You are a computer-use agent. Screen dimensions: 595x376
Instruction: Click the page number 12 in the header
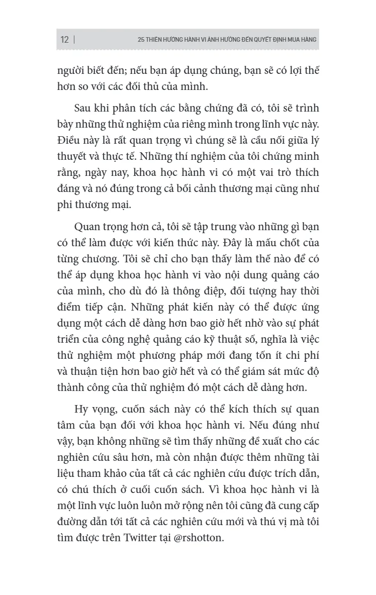pos(64,40)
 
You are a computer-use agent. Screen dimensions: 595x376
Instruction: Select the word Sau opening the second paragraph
pos(83,109)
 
